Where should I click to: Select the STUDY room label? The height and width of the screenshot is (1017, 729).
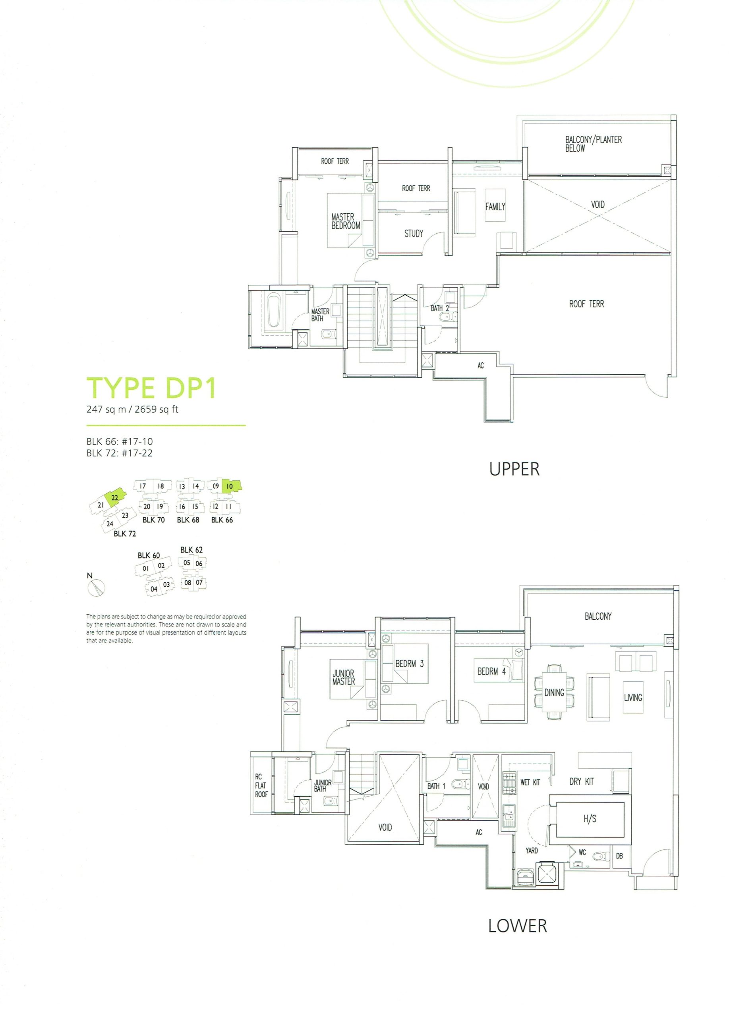pyautogui.click(x=414, y=234)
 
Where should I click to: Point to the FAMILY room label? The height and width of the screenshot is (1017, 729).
pyautogui.click(x=495, y=207)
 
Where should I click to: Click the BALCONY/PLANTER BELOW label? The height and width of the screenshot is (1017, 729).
pyautogui.click(x=593, y=144)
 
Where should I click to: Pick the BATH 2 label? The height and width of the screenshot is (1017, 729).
pyautogui.click(x=439, y=308)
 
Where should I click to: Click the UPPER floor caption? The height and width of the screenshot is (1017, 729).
pyautogui.click(x=514, y=469)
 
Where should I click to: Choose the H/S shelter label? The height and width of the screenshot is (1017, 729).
pyautogui.click(x=590, y=819)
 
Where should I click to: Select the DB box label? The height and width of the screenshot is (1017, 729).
pyautogui.click(x=619, y=856)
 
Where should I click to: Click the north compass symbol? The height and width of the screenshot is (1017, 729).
pyautogui.click(x=97, y=588)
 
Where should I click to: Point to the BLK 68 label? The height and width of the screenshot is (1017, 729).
pyautogui.click(x=188, y=520)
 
